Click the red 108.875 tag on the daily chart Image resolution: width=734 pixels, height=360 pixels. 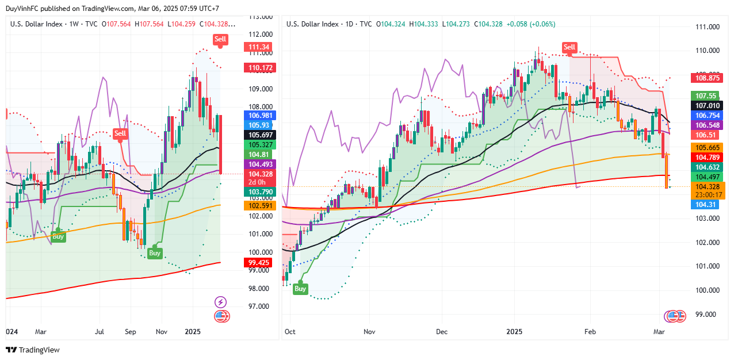point(708,78)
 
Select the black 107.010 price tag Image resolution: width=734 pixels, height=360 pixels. point(708,106)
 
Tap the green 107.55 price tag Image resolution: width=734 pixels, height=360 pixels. point(706,96)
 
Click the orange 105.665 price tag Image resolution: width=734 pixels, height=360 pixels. point(708,147)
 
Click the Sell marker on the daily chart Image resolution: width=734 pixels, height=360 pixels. point(569,47)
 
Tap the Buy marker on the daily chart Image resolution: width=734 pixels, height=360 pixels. point(300,289)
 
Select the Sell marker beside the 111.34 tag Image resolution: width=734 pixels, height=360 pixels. point(220,39)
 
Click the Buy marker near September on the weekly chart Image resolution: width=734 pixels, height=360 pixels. point(155,252)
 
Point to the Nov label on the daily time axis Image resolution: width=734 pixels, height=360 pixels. point(369,332)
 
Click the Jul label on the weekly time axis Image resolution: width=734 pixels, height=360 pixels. point(100,332)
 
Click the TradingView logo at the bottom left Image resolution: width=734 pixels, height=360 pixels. point(33,350)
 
